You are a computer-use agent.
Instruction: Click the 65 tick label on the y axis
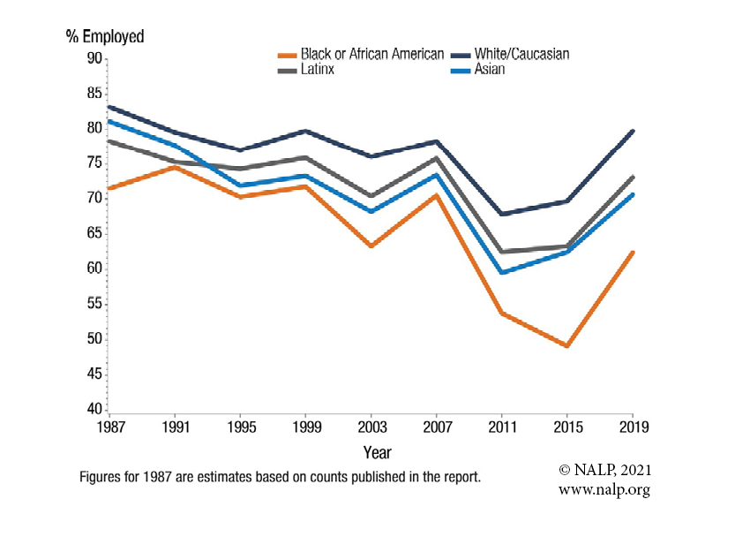[x=92, y=234]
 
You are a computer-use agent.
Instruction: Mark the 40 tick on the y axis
[x=92, y=409]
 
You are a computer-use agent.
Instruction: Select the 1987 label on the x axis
[x=108, y=427]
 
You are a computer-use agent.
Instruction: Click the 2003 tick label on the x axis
[x=371, y=427]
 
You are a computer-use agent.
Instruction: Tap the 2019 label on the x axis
[x=633, y=427]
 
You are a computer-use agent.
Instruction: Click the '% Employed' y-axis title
[x=105, y=37]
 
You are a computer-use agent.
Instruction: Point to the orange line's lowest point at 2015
[x=567, y=345]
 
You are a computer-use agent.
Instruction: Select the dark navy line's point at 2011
[x=501, y=214]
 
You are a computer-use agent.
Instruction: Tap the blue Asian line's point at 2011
[x=501, y=272]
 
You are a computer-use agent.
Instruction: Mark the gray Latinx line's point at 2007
[x=436, y=158]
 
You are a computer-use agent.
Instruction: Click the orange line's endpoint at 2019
[x=633, y=253]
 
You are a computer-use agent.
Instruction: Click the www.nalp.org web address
[x=604, y=489]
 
